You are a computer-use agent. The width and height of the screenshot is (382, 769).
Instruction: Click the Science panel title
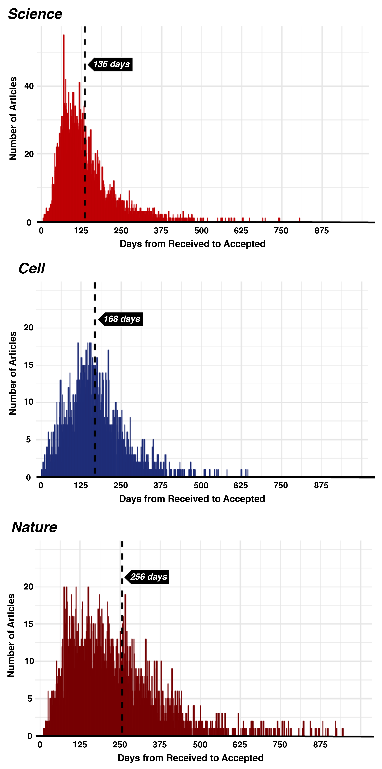[x=35, y=14]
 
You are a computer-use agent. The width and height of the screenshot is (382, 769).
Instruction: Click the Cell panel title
[x=32, y=268]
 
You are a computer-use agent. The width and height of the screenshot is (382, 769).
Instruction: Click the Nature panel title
[x=34, y=527]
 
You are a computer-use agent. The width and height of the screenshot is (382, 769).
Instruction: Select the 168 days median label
[x=122, y=319]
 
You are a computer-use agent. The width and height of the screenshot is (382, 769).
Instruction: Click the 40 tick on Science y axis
[x=29, y=86]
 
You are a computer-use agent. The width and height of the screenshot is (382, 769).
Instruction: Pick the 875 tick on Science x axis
[x=322, y=231]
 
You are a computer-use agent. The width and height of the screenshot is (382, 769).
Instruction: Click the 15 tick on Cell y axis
[x=29, y=365]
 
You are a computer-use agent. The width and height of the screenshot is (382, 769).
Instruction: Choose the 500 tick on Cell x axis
[x=201, y=485]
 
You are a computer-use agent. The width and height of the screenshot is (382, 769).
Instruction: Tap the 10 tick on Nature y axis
[x=29, y=661]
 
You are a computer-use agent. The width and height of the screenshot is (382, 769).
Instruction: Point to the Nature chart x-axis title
[x=191, y=758]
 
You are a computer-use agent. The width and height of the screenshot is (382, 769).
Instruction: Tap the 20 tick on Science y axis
[x=29, y=154]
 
